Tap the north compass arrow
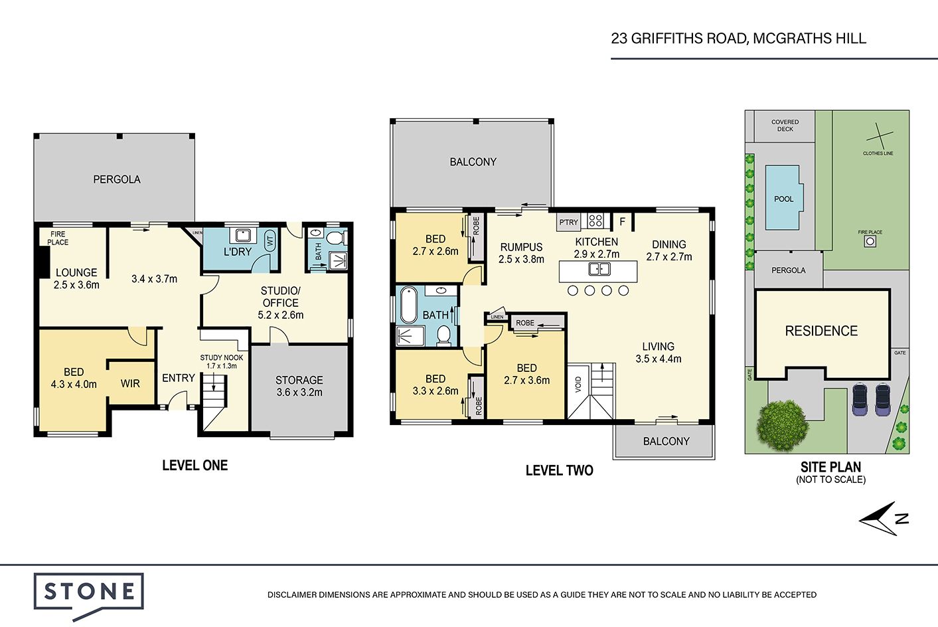[x=884, y=519]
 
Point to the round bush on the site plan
[x=781, y=426]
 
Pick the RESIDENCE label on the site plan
[x=821, y=331]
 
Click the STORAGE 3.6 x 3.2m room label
[x=299, y=386]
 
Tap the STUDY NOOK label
[x=221, y=357]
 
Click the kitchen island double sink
[x=599, y=269]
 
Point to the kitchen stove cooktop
[x=595, y=221]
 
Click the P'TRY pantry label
[x=568, y=222]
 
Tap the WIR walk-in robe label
[x=130, y=383]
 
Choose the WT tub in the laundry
[x=270, y=240]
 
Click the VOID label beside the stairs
[x=578, y=385]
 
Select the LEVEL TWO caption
[x=560, y=470]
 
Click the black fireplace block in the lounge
[x=42, y=262]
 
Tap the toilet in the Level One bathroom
[x=336, y=238]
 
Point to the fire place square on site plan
[x=870, y=241]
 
